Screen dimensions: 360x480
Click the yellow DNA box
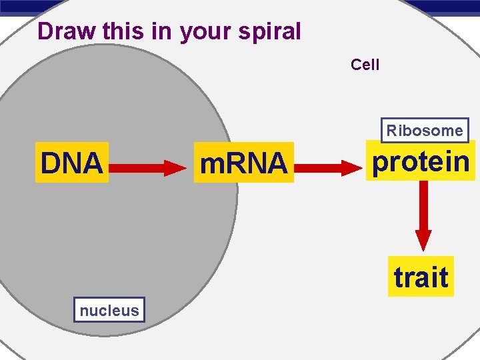click(72, 163)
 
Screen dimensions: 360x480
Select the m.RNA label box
click(243, 163)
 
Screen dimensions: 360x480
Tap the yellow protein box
click(421, 161)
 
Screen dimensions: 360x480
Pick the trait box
click(421, 277)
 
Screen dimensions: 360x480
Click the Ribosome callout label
click(425, 131)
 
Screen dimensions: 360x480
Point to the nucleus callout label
click(109, 310)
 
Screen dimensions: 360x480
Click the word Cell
click(365, 65)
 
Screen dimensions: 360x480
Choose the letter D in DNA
click(51, 163)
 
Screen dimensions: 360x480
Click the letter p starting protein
click(381, 163)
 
